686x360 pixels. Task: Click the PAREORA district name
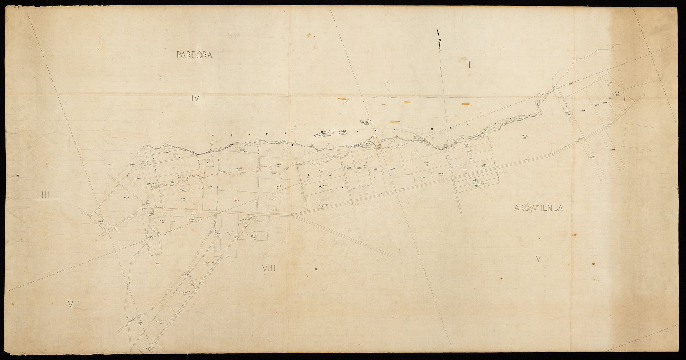click(195, 55)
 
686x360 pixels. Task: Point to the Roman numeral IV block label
click(195, 99)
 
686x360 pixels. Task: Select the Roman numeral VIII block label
click(269, 269)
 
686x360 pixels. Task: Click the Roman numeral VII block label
click(73, 304)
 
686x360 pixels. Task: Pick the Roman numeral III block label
click(46, 195)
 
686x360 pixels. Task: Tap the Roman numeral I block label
click(469, 65)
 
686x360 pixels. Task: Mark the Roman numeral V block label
click(538, 259)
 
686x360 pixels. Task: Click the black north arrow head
click(438, 33)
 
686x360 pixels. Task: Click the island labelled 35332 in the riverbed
click(365, 122)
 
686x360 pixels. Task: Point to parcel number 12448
click(278, 186)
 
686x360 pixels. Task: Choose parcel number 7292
click(617, 93)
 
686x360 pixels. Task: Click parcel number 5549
click(613, 149)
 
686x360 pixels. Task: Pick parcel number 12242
click(253, 236)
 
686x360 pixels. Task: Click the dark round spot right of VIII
click(316, 269)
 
